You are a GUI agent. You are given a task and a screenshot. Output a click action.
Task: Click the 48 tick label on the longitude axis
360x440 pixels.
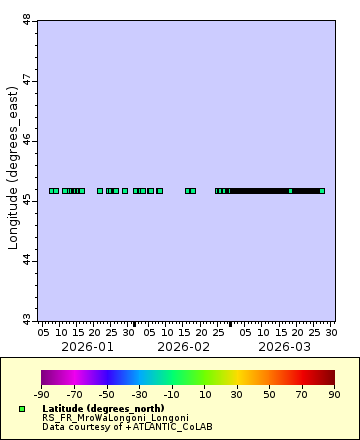(x=26, y=19)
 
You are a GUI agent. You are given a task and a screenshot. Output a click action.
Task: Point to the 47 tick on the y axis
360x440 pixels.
(x=26, y=80)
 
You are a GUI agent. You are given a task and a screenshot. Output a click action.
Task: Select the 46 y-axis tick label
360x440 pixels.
(x=26, y=141)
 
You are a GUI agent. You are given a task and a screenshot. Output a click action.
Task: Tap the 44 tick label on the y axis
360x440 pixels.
(x=26, y=261)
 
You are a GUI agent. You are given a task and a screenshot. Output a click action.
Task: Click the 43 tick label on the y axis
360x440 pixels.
(x=26, y=321)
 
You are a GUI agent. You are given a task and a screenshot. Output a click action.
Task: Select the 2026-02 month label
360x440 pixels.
(x=183, y=346)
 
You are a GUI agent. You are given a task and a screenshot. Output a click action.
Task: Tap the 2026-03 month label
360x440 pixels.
(x=284, y=346)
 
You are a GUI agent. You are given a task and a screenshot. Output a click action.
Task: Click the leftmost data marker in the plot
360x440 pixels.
(x=52, y=190)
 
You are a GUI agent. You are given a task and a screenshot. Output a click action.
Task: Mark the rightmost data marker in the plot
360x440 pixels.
(x=322, y=190)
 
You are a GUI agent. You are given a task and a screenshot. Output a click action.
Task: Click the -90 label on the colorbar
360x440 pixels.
(x=41, y=394)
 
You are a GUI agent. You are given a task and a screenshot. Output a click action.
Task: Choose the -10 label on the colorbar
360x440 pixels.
(x=172, y=394)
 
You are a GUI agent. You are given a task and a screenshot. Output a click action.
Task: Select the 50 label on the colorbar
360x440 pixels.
(x=270, y=394)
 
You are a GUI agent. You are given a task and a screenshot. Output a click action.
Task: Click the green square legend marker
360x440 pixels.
(x=22, y=409)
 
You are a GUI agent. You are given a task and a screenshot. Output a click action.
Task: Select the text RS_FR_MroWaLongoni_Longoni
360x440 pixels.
(x=115, y=418)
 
